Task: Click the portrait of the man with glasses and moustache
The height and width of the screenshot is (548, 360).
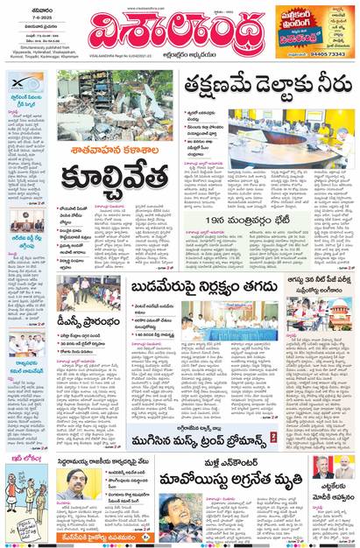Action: (81, 481)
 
